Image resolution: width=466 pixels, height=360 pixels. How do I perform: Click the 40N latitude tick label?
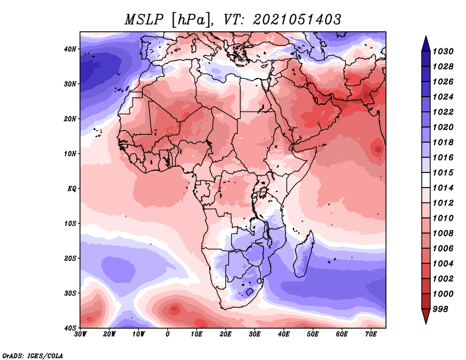pyautogui.click(x=70, y=49)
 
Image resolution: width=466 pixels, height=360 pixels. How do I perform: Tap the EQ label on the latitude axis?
pyautogui.click(x=72, y=189)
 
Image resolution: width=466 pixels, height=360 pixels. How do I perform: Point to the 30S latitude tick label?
pyautogui.click(x=70, y=293)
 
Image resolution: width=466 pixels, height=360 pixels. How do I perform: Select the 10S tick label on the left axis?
pyautogui.click(x=70, y=223)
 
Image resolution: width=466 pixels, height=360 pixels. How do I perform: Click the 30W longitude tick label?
pyautogui.click(x=80, y=334)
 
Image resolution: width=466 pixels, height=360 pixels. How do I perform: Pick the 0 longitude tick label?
pyautogui.click(x=168, y=334)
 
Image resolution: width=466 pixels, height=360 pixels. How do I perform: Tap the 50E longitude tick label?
pyautogui.click(x=313, y=334)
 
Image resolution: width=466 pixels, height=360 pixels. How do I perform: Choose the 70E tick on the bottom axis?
pyautogui.click(x=370, y=334)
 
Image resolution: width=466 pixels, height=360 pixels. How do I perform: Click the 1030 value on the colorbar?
pyautogui.click(x=443, y=51)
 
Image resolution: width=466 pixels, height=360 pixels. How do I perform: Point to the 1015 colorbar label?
pyautogui.click(x=443, y=172)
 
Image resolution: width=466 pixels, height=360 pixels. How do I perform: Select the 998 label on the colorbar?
pyautogui.click(x=440, y=309)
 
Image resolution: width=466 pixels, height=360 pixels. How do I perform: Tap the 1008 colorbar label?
pyautogui.click(x=443, y=234)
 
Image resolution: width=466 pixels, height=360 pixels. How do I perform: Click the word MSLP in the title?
pyautogui.click(x=144, y=20)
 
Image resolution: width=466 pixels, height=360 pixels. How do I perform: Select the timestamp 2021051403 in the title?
pyautogui.click(x=297, y=20)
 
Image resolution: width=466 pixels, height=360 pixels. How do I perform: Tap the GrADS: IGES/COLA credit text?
pyautogui.click(x=33, y=355)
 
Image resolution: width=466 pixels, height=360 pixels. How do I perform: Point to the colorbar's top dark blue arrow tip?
pyautogui.click(x=426, y=37)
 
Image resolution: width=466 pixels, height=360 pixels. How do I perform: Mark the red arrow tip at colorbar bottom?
pyautogui.click(x=426, y=323)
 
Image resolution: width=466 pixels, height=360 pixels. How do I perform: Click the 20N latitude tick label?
pyautogui.click(x=70, y=119)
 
